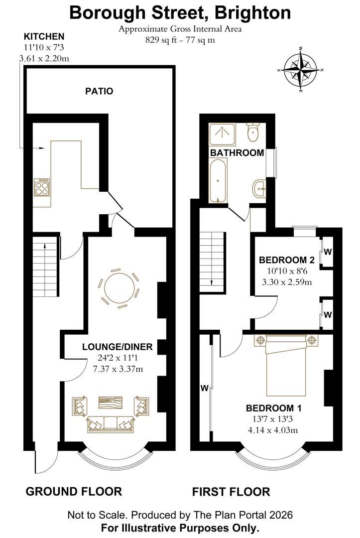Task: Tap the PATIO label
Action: coord(99,91)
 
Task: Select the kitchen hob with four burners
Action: coord(41,187)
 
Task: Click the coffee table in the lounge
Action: coord(111,403)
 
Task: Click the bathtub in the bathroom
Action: coord(218,180)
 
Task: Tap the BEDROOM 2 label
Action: coord(286,260)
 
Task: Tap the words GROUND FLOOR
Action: coord(74,492)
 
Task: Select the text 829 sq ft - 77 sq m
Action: coord(180,40)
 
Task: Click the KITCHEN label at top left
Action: coord(44,36)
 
